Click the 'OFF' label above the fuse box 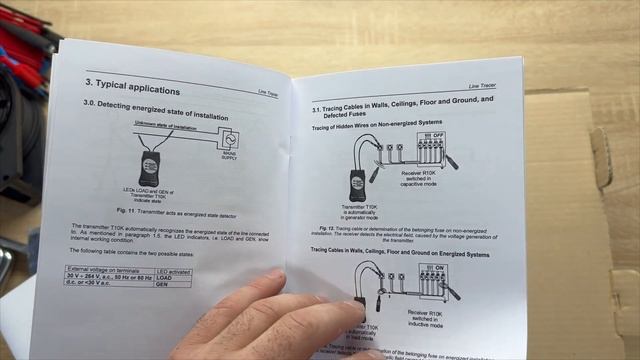[x=437, y=134]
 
